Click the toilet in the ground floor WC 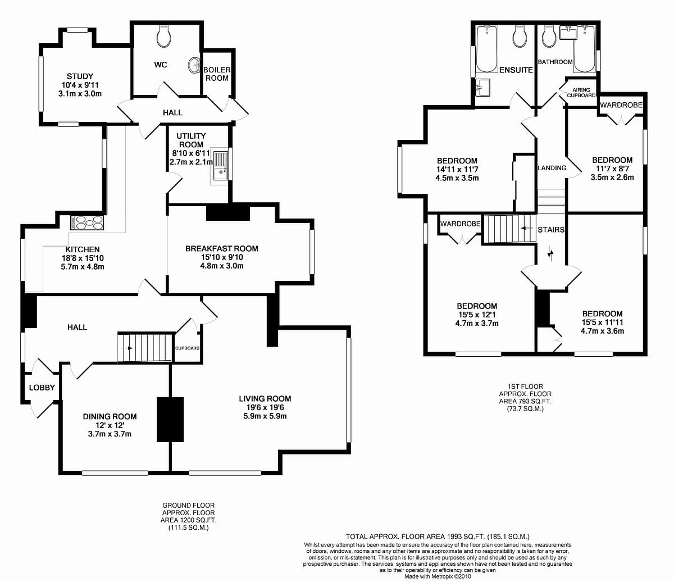164,37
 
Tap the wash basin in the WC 195,65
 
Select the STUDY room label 80,76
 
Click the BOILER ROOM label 217,74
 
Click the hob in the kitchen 87,223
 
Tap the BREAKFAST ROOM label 222,248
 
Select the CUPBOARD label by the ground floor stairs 187,348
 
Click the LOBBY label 42,388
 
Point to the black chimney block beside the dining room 170,419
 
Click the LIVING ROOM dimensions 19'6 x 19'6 265,408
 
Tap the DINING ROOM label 110,416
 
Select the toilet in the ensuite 520,37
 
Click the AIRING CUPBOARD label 581,93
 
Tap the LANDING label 552,168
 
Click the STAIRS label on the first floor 550,230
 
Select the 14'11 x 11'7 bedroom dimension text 457,170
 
